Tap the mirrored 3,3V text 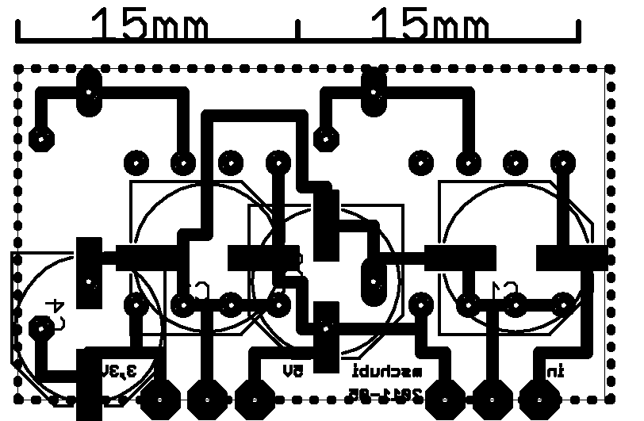click(x=119, y=370)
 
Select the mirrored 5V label click(x=293, y=370)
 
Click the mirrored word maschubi click(x=389, y=370)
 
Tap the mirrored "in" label click(x=553, y=370)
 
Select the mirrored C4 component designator click(x=56, y=309)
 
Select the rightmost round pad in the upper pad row click(x=563, y=163)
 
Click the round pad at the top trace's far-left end click(x=40, y=139)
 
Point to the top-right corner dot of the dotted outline click(x=611, y=70)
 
